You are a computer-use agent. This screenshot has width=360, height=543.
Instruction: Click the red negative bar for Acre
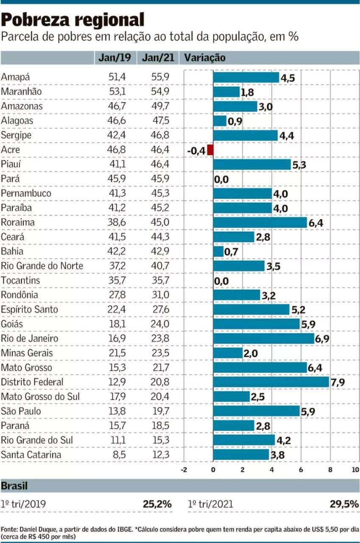(x=210, y=150)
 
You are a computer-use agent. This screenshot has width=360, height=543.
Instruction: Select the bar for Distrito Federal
(x=271, y=382)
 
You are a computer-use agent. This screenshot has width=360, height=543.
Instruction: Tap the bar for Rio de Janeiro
(x=263, y=339)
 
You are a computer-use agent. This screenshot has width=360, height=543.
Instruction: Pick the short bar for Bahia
(x=218, y=252)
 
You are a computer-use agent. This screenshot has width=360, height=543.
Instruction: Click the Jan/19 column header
(x=114, y=58)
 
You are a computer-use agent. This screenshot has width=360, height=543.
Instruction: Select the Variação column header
(x=204, y=58)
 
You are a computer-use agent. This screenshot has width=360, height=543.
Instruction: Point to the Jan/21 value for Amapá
(x=160, y=77)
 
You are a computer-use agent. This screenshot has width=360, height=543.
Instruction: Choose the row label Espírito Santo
(x=29, y=309)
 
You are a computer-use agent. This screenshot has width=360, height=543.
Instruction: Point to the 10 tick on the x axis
(x=355, y=470)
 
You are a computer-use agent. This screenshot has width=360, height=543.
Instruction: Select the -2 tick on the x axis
(x=184, y=470)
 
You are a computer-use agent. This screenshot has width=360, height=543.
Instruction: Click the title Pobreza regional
(x=73, y=20)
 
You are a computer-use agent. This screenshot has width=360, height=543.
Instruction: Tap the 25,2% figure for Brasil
(x=157, y=504)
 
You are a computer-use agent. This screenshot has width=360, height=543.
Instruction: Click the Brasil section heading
(x=14, y=486)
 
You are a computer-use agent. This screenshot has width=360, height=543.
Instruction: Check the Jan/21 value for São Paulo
(x=160, y=411)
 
